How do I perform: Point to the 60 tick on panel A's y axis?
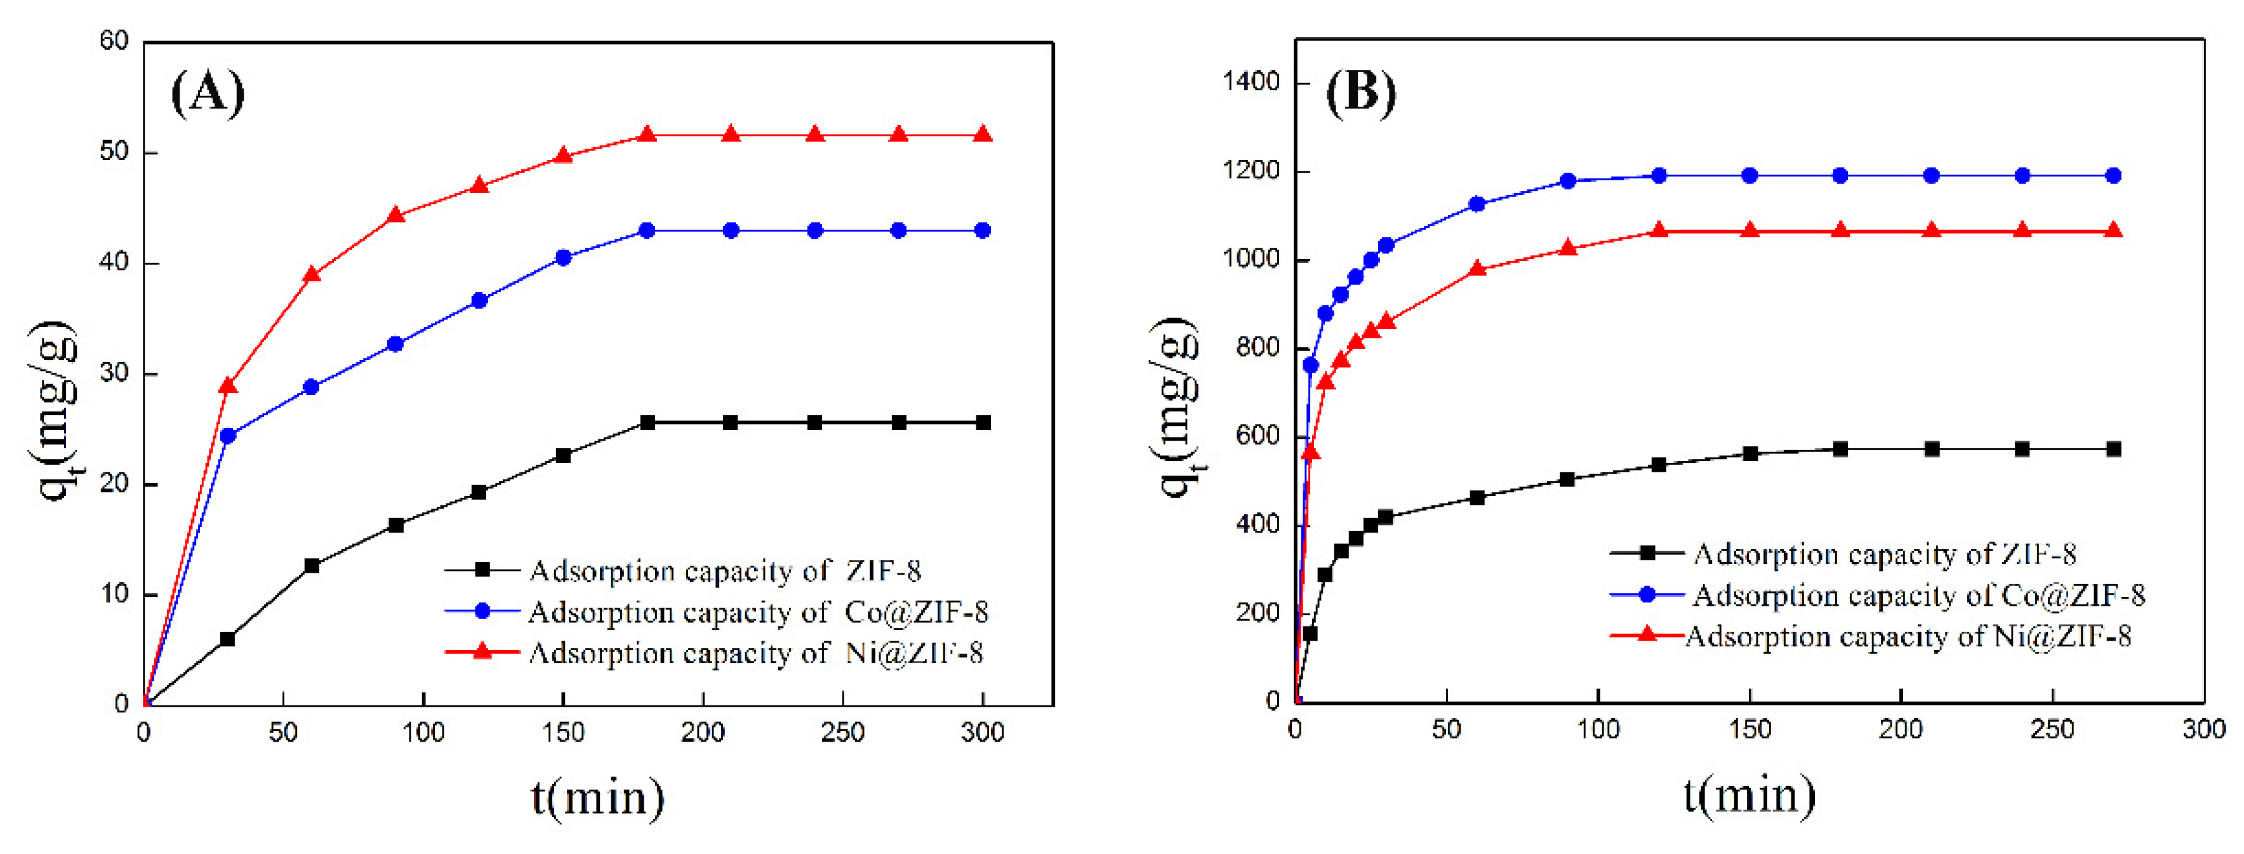pos(114,41)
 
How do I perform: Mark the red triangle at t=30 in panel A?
pos(229,386)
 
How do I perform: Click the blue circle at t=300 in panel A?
pos(983,231)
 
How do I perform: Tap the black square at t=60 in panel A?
pos(312,566)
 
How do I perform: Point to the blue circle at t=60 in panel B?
pos(1477,204)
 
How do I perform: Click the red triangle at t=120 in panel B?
pos(1659,231)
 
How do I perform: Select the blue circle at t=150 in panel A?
pos(562,258)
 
